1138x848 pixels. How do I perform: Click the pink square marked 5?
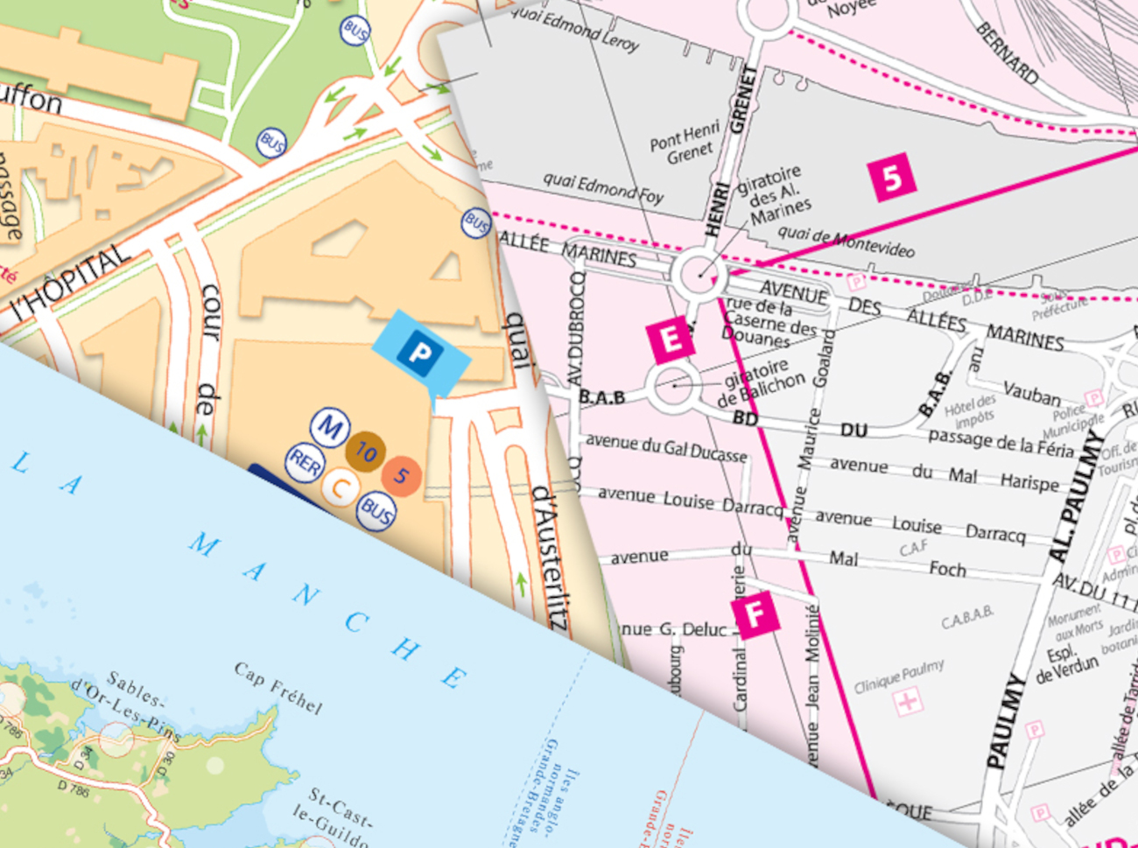coord(892,177)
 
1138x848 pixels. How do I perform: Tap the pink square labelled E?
coord(671,340)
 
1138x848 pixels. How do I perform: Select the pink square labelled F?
coord(755,614)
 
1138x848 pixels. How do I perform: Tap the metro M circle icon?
coord(330,428)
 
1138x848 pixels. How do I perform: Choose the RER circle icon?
coord(305,464)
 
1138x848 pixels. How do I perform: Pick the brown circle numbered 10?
coord(365,452)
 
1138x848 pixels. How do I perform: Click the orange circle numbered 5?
coord(401,475)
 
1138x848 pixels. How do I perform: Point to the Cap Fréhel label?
coord(278,688)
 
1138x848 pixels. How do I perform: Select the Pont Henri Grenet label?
coord(685,144)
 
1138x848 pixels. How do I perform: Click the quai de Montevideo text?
coord(846,242)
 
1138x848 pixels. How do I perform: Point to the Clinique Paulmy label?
coord(898,676)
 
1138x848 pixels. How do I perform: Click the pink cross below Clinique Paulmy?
coord(908,702)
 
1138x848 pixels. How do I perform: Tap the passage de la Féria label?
coord(1000,443)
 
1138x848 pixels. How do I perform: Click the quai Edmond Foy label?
coord(602,187)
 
